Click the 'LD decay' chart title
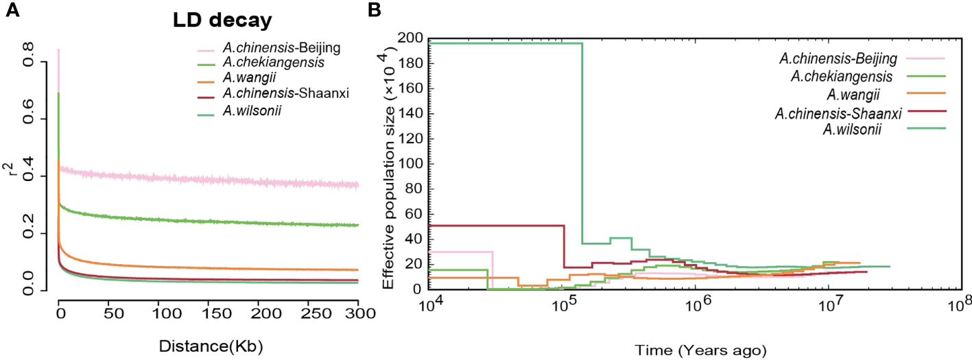[x=222, y=21]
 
